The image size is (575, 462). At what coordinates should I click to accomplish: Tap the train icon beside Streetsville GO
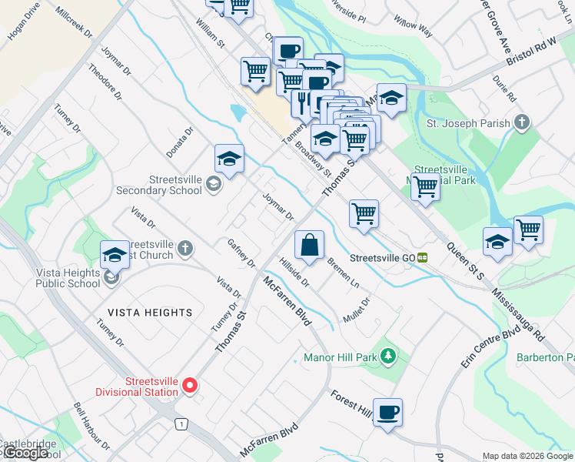(423, 258)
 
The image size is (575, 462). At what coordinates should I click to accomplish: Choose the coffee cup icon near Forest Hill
(387, 411)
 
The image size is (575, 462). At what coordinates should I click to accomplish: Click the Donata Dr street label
(178, 142)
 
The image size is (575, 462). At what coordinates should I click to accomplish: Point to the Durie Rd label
(505, 88)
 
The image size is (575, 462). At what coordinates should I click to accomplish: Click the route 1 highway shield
(180, 423)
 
